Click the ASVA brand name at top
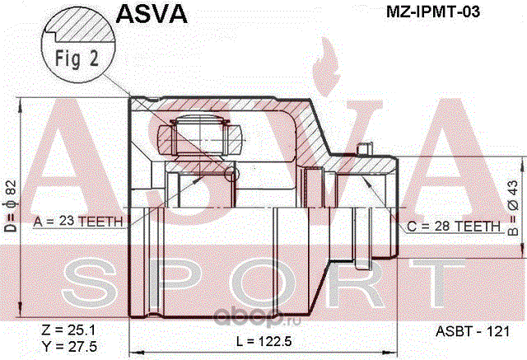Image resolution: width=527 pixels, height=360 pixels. tap(152, 13)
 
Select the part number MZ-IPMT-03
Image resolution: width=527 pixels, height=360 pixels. tap(433, 12)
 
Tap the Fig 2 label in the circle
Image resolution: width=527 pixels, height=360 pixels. tap(77, 58)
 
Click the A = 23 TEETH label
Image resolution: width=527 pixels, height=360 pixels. tap(78, 222)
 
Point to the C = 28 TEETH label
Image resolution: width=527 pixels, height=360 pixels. tap(454, 227)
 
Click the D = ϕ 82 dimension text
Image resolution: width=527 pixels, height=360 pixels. tap(11, 206)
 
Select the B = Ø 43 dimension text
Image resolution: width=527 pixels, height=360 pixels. tap(512, 208)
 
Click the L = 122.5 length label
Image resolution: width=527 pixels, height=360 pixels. tap(263, 342)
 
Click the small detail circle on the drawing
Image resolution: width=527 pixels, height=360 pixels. tap(231, 174)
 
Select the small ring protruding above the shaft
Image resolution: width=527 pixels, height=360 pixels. tap(364, 149)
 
